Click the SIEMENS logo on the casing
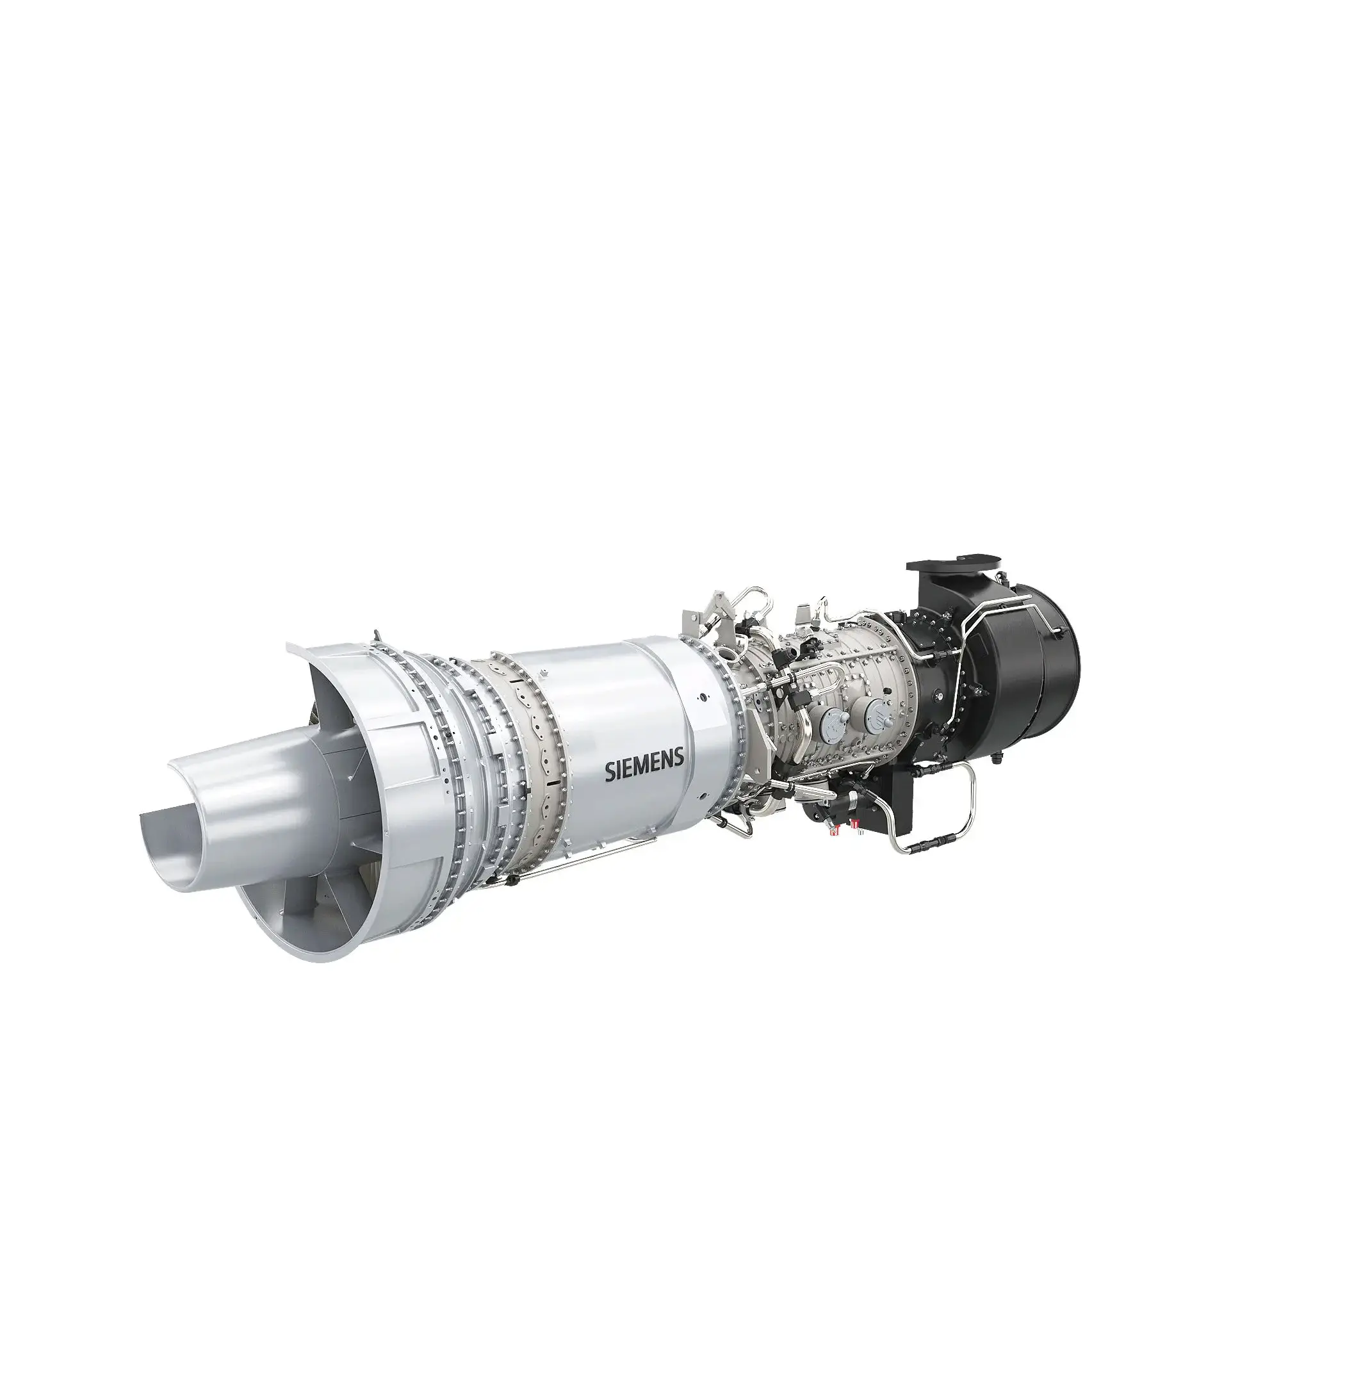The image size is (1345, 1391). (644, 769)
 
